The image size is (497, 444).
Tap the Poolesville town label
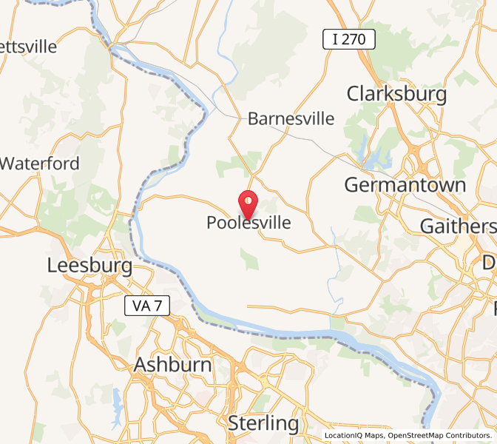tap(248, 223)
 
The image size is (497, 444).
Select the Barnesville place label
tap(291, 118)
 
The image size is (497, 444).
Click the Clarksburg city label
tap(396, 94)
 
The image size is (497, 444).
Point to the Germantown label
tap(405, 184)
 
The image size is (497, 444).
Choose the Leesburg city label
tap(89, 265)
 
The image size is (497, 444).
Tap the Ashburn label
tap(172, 364)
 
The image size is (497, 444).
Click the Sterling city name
tap(263, 423)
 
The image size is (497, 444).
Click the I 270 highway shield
tap(348, 39)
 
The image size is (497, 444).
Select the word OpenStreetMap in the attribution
tap(417, 436)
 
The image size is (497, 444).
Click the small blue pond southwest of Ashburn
tap(117, 401)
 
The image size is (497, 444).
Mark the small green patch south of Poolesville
tap(250, 258)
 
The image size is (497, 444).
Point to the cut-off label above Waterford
tap(29, 46)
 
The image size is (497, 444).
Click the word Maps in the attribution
tap(376, 436)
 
